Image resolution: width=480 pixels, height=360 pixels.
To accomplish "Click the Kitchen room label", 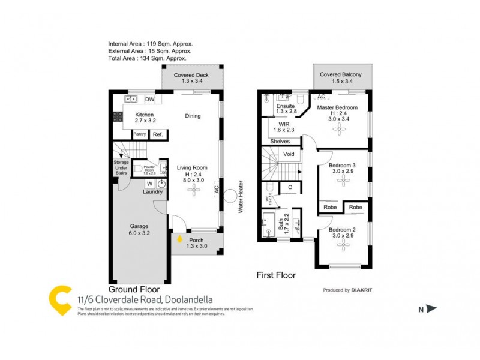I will [x=144, y=115].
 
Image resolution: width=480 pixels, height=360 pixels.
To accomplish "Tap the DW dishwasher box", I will [x=149, y=100].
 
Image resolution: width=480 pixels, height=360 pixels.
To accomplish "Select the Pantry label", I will [x=140, y=134].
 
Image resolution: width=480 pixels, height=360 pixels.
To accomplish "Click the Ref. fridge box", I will [x=158, y=134].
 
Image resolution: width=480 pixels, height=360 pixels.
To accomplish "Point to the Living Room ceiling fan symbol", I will [x=194, y=191].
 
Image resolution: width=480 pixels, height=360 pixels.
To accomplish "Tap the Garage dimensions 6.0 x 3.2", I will [x=139, y=234].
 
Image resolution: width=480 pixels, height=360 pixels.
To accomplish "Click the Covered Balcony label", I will [x=342, y=74].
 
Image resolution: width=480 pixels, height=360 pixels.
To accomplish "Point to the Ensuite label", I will [x=286, y=106].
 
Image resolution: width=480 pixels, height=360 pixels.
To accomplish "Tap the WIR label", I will [x=285, y=125].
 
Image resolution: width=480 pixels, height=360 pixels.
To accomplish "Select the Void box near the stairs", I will [x=289, y=154].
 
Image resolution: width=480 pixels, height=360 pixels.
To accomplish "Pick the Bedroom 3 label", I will [x=342, y=165].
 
